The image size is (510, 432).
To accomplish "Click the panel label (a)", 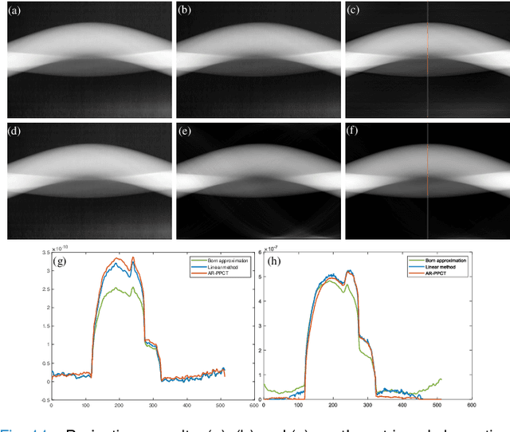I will [x=14, y=10].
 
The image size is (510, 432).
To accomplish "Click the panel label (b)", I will [x=185, y=10].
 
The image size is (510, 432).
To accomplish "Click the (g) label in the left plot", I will [x=60, y=261].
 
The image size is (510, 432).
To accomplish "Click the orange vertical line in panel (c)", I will [x=428, y=60].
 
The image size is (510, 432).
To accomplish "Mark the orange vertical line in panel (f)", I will [x=428, y=179].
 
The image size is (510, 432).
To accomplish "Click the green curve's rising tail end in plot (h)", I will [x=440, y=379].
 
